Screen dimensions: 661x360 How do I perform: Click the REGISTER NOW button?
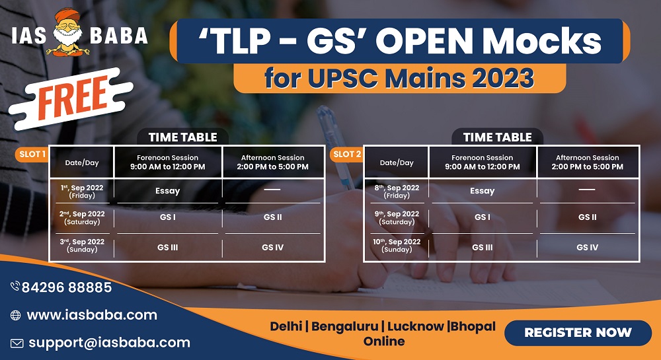(x=578, y=333)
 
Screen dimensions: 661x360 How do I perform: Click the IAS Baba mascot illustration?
(x=67, y=32)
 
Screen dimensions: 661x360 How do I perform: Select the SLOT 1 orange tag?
(x=32, y=154)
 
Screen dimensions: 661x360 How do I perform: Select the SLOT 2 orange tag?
(x=346, y=154)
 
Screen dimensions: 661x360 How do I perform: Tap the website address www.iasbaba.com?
(x=92, y=315)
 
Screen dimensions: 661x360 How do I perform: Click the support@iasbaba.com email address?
(x=109, y=343)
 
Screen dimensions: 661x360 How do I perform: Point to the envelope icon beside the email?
(x=17, y=343)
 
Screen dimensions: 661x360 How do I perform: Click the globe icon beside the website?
(x=16, y=315)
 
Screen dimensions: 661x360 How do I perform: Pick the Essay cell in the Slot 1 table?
(x=168, y=191)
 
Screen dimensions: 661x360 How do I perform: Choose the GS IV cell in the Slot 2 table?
(x=587, y=248)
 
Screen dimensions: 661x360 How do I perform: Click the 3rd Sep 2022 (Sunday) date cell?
(x=82, y=246)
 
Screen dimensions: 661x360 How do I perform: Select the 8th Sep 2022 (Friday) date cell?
(x=397, y=192)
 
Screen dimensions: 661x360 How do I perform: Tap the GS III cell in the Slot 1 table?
(x=168, y=248)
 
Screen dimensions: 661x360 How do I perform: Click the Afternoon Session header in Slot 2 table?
(x=588, y=162)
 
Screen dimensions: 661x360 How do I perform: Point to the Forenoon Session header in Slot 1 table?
(x=168, y=162)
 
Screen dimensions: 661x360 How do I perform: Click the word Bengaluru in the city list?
(x=344, y=327)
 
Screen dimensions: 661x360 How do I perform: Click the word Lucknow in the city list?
(x=415, y=326)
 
